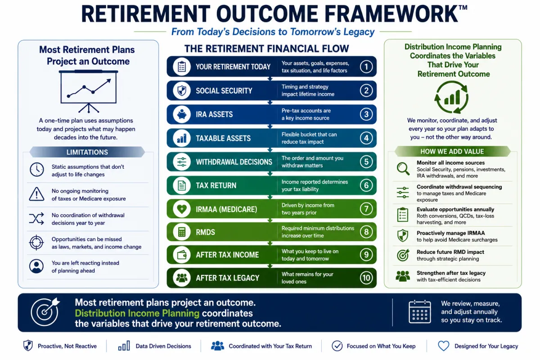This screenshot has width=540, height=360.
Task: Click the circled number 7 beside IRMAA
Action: pos(366,209)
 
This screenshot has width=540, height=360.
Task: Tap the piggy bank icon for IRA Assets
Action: pos(182,114)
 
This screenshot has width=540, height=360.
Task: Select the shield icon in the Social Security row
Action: pos(182,90)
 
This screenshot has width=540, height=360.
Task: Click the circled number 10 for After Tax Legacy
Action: pos(366,278)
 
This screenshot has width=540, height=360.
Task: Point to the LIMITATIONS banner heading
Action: pos(87,152)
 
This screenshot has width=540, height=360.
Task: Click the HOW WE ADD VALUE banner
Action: pos(452,152)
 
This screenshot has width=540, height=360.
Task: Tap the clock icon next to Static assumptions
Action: pos(36,170)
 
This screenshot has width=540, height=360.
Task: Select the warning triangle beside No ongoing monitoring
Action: pos(36,194)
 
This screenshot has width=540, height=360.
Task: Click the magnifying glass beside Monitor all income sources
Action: pos(403,169)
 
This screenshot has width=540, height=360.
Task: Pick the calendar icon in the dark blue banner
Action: pos(420,311)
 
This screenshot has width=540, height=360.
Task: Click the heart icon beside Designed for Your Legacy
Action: pos(444,346)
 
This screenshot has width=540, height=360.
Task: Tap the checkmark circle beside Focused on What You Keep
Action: pos(337,346)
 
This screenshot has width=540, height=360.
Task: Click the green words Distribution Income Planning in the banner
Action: pos(137,313)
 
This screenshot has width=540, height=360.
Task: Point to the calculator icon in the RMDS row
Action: pos(182,232)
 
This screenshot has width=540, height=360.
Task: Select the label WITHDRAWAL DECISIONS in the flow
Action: pos(234,162)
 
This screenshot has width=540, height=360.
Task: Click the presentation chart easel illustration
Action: pos(89,92)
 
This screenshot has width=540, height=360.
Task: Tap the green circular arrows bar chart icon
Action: pos(451,97)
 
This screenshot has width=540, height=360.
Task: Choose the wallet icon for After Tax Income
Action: pos(182,255)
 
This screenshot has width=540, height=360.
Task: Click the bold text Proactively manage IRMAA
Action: pos(450,233)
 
